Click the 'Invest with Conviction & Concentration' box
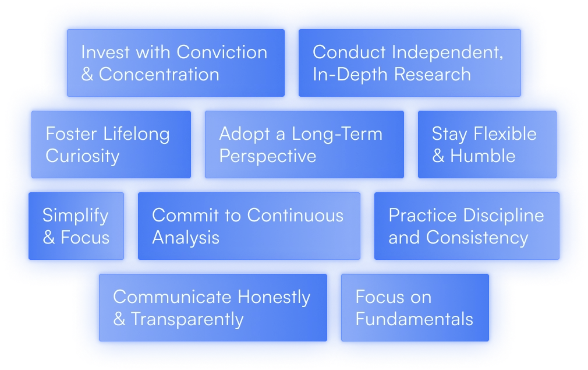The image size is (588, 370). tap(176, 63)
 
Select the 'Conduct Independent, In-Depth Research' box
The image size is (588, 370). tap(409, 63)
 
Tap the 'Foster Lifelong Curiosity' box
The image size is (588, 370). tap(111, 145)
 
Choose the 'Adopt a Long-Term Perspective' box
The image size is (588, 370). tap(304, 145)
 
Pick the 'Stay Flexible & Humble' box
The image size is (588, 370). tap(487, 145)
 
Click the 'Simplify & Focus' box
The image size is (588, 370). tap(76, 226)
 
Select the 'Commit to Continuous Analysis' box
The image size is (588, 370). tap(249, 226)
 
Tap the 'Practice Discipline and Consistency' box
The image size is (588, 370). tap(467, 226)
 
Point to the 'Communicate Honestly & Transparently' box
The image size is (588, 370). tap(213, 308)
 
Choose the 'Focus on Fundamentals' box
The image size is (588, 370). tap(415, 308)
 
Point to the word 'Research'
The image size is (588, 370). tap(433, 75)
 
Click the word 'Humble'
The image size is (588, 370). tap(483, 156)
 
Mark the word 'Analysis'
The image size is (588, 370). tap(186, 238)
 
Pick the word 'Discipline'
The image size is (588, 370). tap(504, 216)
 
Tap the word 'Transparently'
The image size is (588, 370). tap(187, 320)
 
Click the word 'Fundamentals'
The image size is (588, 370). tap(415, 319)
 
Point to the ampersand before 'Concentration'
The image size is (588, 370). tap(87, 75)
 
